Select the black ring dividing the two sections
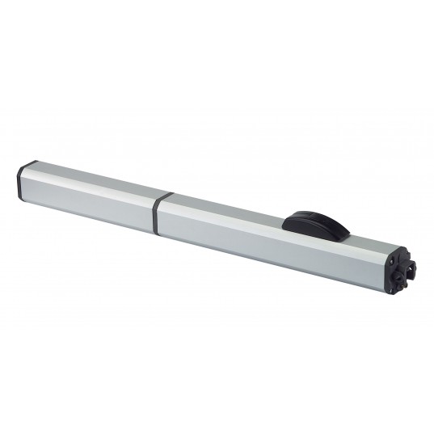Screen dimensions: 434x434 coord(162,207)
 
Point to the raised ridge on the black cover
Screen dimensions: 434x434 coord(314,217)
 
